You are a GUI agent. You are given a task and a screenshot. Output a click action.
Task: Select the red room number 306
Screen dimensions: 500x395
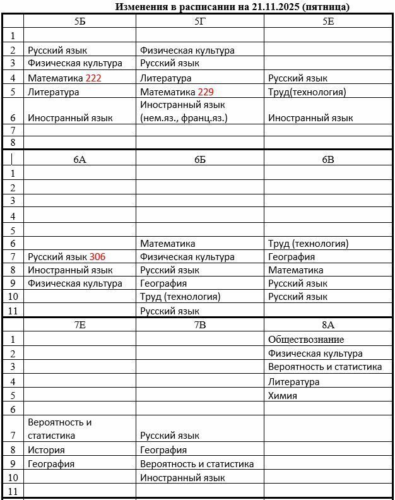[97, 257]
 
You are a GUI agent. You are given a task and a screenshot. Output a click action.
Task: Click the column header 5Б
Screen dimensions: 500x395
[80, 21]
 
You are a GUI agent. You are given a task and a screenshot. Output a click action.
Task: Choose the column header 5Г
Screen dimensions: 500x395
[199, 21]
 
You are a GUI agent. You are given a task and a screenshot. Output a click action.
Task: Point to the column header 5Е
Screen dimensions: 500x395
[328, 21]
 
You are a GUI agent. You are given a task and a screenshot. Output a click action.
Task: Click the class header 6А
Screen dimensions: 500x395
[80, 159]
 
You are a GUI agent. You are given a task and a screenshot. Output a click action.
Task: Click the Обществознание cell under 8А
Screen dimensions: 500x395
[306, 340]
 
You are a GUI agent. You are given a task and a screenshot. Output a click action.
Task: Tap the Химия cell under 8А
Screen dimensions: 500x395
[282, 396]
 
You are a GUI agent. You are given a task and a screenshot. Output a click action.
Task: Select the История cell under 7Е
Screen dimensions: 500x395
[46, 450]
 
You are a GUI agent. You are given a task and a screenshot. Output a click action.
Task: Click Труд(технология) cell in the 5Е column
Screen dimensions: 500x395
[307, 92]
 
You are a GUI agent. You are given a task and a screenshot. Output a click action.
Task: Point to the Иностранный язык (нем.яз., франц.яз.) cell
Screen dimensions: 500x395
[183, 111]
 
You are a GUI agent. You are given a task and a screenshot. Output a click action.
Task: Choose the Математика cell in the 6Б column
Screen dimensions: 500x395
[167, 243]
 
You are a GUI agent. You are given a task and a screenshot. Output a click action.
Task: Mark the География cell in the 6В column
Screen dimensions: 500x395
[292, 257]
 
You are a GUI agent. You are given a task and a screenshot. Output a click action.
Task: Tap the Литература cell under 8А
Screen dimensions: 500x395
[293, 382]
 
